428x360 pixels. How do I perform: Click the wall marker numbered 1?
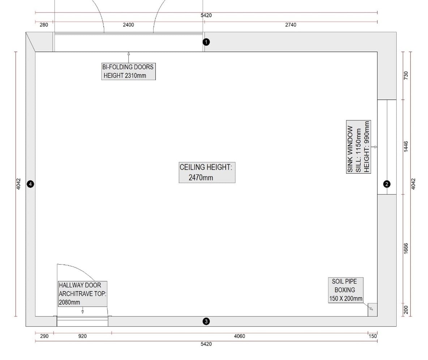(x=206, y=42)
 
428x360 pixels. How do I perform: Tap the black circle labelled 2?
(x=387, y=184)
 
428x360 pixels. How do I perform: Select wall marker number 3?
(x=206, y=321)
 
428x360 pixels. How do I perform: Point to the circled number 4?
(x=30, y=184)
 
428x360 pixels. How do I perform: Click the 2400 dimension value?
(x=128, y=25)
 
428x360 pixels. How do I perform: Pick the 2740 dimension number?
(x=291, y=25)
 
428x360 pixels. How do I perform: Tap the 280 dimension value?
(x=44, y=25)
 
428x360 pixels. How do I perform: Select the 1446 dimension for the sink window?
(x=406, y=147)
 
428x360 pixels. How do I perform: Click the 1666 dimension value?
(x=406, y=249)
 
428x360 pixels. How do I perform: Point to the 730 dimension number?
(x=406, y=75)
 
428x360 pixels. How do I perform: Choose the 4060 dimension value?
(x=239, y=336)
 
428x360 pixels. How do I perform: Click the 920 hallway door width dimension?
(x=82, y=336)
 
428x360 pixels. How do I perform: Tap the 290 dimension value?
(x=44, y=336)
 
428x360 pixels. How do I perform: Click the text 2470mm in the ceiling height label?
(x=201, y=178)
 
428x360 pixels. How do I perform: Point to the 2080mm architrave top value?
(x=69, y=302)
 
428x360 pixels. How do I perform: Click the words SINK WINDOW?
(x=350, y=149)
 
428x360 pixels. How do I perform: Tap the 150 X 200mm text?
(x=346, y=298)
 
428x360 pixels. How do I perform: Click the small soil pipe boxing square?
(x=373, y=310)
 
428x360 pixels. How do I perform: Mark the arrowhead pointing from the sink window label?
(x=376, y=147)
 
